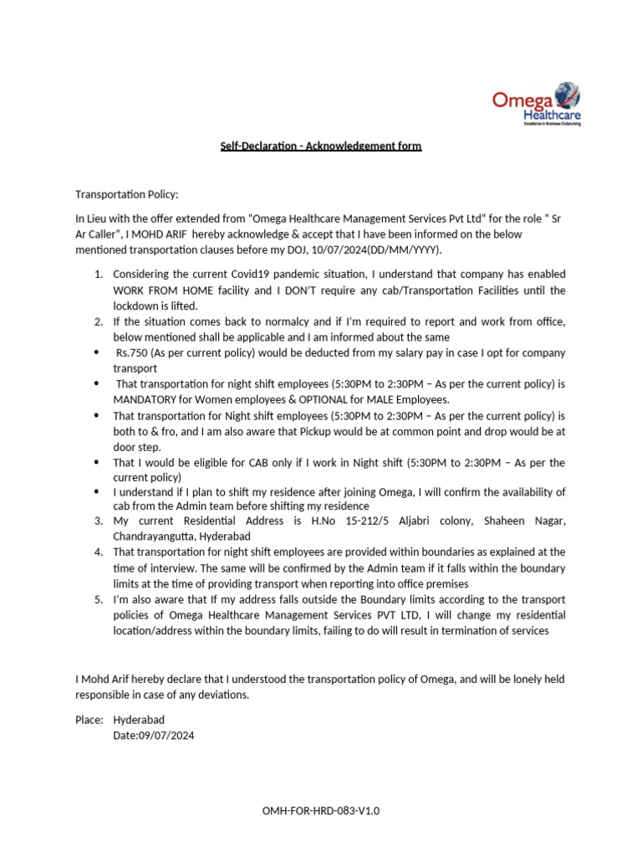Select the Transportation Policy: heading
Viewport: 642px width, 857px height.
pyautogui.click(x=127, y=194)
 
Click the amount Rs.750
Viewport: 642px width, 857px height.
pyautogui.click(x=132, y=352)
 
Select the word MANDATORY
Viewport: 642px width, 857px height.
pyautogui.click(x=145, y=400)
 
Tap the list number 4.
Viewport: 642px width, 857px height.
pyautogui.click(x=98, y=552)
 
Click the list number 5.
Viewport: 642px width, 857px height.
pyautogui.click(x=98, y=600)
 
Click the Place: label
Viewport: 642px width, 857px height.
pyautogui.click(x=89, y=720)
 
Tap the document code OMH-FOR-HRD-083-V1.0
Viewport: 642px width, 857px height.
pyautogui.click(x=320, y=811)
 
